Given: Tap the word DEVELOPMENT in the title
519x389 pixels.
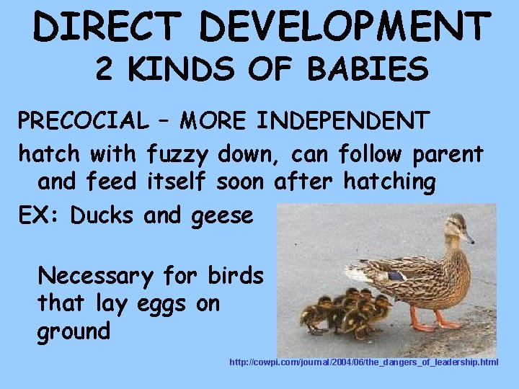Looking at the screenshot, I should [344, 27].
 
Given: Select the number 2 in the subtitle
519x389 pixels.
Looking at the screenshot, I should [105, 70].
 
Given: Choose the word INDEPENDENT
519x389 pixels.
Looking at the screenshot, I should [340, 121].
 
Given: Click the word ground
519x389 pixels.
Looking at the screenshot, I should [74, 332].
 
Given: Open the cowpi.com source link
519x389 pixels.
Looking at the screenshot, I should [363, 362].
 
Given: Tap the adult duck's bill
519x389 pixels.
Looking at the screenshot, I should [468, 237].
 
